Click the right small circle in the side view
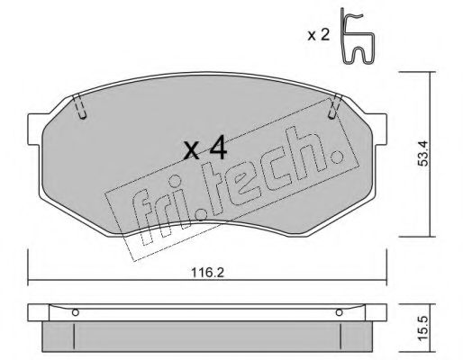pyautogui.click(x=340, y=313)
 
